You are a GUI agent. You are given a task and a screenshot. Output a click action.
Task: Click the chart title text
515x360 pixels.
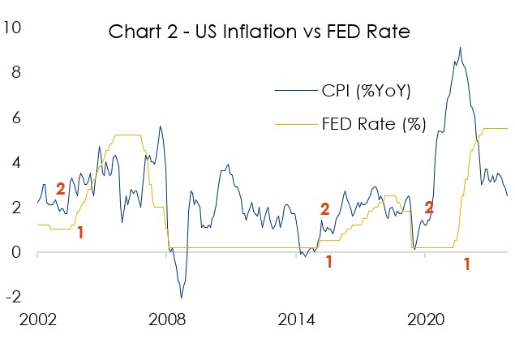(x=260, y=33)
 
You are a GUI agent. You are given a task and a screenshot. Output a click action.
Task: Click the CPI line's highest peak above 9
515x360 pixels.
(x=460, y=48)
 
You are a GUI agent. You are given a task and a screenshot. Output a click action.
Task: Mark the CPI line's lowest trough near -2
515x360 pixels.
(x=181, y=298)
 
